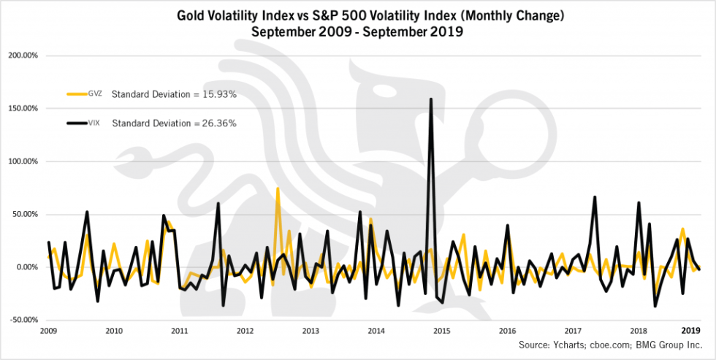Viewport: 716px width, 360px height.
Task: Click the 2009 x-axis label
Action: (x=48, y=331)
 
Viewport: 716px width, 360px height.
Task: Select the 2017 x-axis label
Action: (x=573, y=331)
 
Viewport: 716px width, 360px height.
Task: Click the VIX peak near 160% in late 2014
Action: (x=431, y=99)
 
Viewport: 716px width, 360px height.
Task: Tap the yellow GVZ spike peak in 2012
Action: (x=278, y=188)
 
